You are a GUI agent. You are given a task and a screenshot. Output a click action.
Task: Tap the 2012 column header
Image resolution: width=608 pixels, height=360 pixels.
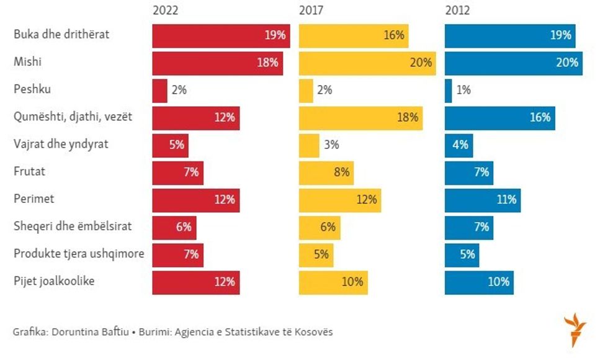pyautogui.click(x=457, y=11)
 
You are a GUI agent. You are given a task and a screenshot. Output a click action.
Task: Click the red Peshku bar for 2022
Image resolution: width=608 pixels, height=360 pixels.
pyautogui.click(x=160, y=91)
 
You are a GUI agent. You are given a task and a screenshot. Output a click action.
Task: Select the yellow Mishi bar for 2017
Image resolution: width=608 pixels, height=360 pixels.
pyautogui.click(x=367, y=63)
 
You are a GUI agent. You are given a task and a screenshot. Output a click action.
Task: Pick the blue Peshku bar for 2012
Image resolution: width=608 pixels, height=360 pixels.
pyautogui.click(x=449, y=91)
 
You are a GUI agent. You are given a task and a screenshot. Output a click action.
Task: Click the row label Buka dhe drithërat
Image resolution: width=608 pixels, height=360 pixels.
pyautogui.click(x=61, y=35)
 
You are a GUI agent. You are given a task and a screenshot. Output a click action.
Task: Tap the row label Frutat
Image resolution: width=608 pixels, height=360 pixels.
pyautogui.click(x=30, y=172)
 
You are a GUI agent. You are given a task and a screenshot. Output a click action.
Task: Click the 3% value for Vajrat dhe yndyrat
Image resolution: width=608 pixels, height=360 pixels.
pyautogui.click(x=331, y=145)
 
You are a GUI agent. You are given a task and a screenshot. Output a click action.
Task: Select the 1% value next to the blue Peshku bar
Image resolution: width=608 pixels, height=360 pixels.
pyautogui.click(x=463, y=91)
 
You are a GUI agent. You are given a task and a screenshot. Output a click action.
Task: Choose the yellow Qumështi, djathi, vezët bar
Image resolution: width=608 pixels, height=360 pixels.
pyautogui.click(x=360, y=118)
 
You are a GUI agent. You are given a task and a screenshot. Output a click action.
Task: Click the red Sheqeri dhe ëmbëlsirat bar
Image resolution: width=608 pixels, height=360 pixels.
pyautogui.click(x=174, y=227)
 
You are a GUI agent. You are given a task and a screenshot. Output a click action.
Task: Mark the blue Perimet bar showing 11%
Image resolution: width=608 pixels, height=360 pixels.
pyautogui.click(x=483, y=200)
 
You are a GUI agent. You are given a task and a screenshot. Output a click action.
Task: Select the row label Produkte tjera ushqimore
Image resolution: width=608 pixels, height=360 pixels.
pyautogui.click(x=79, y=254)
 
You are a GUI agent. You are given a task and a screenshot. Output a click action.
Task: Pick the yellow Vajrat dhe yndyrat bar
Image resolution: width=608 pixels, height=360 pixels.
pyautogui.click(x=309, y=145)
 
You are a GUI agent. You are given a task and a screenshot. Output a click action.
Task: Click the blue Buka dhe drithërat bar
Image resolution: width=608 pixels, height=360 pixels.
pyautogui.click(x=510, y=36)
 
